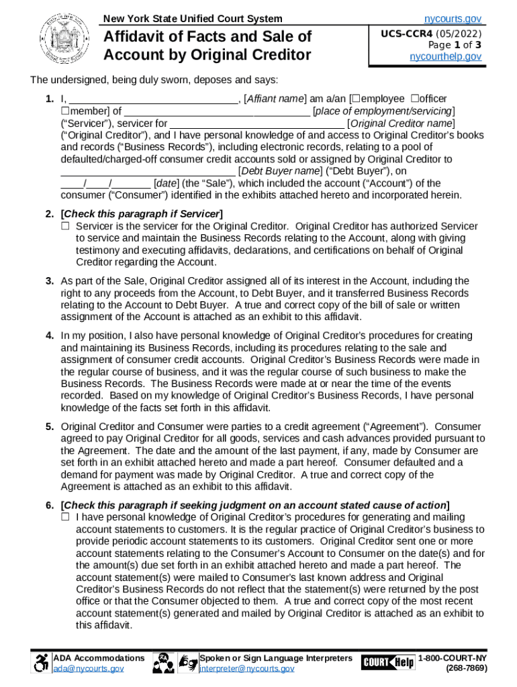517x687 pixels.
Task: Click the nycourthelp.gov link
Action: pyautogui.click(x=445, y=57)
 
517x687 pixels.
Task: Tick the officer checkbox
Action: pyautogui.click(x=414, y=99)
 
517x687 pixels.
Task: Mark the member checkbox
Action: pyautogui.click(x=65, y=111)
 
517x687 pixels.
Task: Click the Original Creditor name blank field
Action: pyautogui.click(x=257, y=123)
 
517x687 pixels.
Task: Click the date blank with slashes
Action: pyautogui.click(x=105, y=184)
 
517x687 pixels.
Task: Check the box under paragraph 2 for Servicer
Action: pyautogui.click(x=65, y=227)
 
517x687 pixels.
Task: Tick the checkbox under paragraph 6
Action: pyautogui.click(x=65, y=517)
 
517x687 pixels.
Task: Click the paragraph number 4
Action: pyautogui.click(x=50, y=335)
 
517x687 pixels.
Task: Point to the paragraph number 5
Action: pyautogui.click(x=50, y=427)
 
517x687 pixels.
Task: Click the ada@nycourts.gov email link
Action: pyautogui.click(x=88, y=669)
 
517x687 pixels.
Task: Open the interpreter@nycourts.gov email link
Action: pyautogui.click(x=246, y=669)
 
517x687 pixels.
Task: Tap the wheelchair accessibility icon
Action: pyautogui.click(x=42, y=664)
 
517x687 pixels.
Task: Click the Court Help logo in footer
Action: pyautogui.click(x=387, y=663)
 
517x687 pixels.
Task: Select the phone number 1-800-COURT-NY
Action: pyautogui.click(x=453, y=658)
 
